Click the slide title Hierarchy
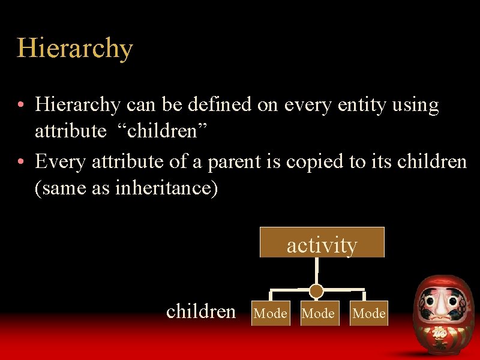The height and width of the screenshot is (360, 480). [74, 48]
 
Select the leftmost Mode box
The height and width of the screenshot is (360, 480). [270, 313]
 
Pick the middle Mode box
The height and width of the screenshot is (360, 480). [318, 313]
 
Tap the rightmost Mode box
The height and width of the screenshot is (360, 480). [369, 313]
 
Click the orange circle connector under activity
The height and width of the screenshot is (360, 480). [316, 291]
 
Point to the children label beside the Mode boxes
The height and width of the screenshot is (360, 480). [201, 311]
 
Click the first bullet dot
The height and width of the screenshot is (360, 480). [21, 106]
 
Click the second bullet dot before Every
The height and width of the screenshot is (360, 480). [21, 162]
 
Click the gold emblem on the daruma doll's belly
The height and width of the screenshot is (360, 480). [441, 332]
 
